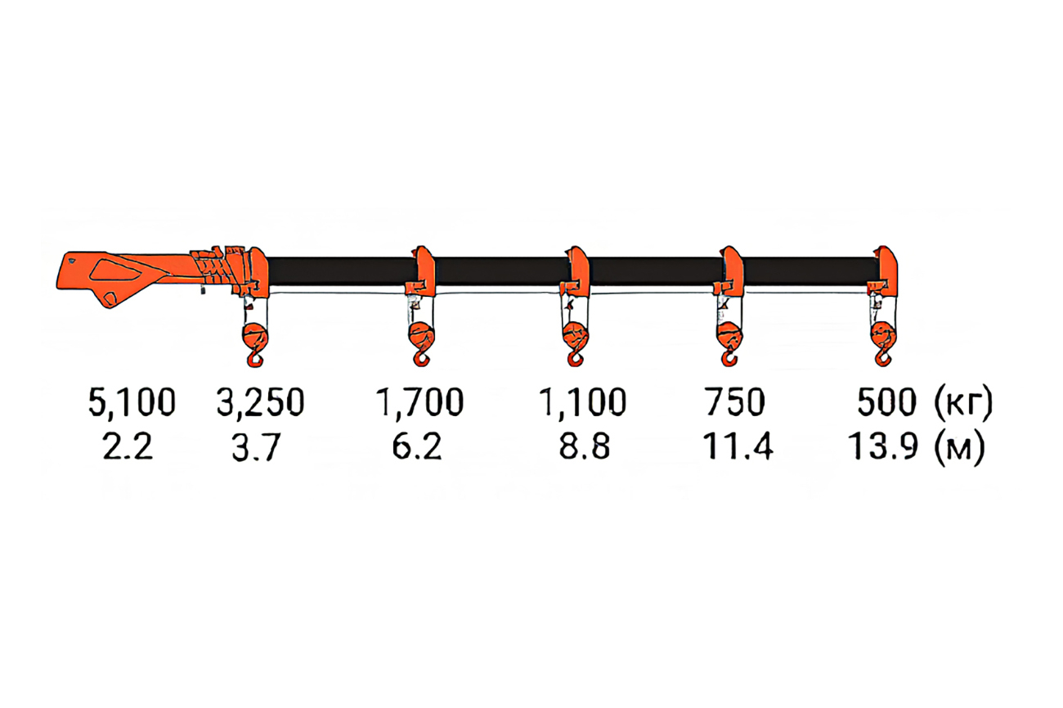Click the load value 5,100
click(x=132, y=402)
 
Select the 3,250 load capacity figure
click(x=260, y=402)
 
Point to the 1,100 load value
click(x=583, y=402)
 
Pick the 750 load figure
click(x=734, y=402)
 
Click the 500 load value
click(x=886, y=402)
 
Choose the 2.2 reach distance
click(x=128, y=446)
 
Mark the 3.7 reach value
click(x=256, y=446)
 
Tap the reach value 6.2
click(x=417, y=446)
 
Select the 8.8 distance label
click(x=584, y=446)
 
